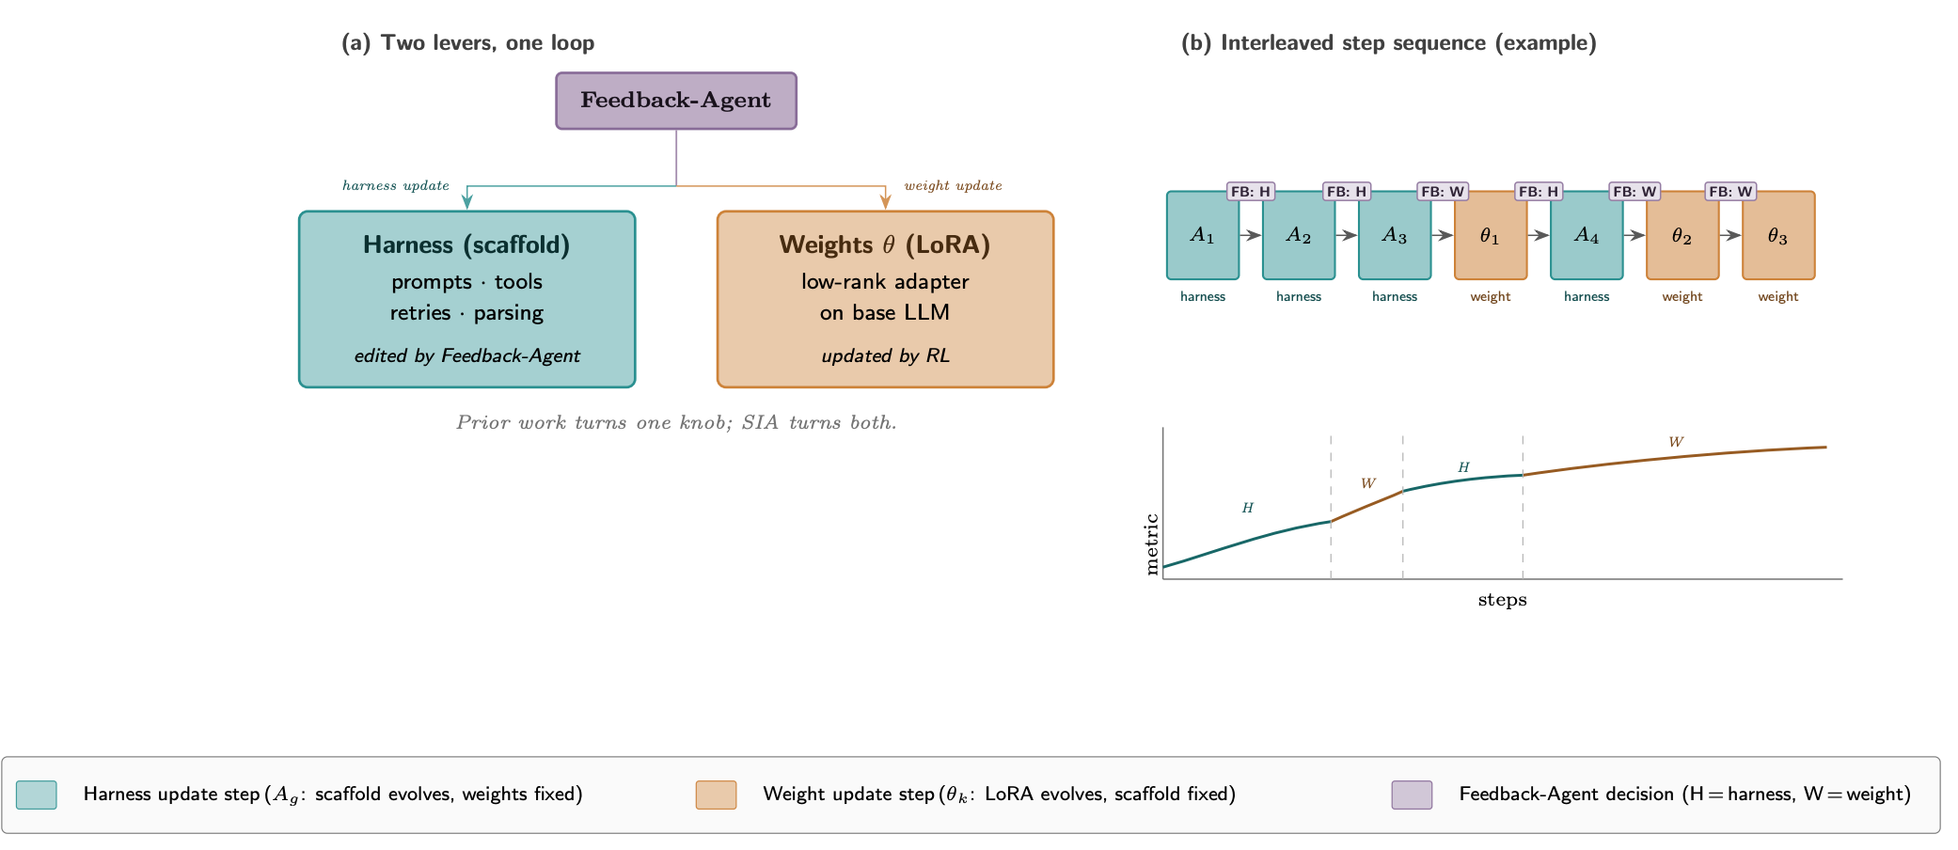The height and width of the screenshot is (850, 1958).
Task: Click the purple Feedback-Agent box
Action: [x=676, y=101]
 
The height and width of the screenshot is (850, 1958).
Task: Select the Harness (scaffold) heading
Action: [x=466, y=245]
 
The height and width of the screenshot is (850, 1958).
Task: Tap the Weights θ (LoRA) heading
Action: [x=885, y=245]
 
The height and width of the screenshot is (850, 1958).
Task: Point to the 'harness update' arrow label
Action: [x=396, y=185]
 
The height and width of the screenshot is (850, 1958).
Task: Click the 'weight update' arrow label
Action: [x=953, y=185]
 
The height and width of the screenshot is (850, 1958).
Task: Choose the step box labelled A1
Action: [x=1203, y=235]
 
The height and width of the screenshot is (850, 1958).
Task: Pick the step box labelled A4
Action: [x=1587, y=235]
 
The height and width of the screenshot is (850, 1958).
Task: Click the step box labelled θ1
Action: [x=1491, y=235]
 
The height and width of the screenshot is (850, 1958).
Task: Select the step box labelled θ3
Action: [x=1778, y=235]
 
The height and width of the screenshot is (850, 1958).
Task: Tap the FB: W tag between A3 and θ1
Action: [x=1443, y=192]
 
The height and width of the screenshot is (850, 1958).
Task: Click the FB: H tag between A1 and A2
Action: [x=1251, y=192]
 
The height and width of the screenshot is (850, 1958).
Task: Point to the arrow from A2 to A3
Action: [x=1347, y=235]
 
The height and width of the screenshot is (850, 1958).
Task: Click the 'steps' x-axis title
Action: [x=1502, y=600]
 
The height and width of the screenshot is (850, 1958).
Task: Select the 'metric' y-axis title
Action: [x=1152, y=544]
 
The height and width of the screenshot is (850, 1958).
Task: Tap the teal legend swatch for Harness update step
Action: [x=37, y=795]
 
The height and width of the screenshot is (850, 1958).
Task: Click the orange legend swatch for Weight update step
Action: [x=716, y=795]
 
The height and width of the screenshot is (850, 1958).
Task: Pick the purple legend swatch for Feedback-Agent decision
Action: [x=1412, y=795]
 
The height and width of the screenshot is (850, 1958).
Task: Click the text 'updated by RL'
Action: [x=885, y=355]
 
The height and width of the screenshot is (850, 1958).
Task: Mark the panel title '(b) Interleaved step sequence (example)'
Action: [x=1389, y=43]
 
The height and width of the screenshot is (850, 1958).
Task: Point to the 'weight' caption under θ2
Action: [x=1682, y=296]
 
